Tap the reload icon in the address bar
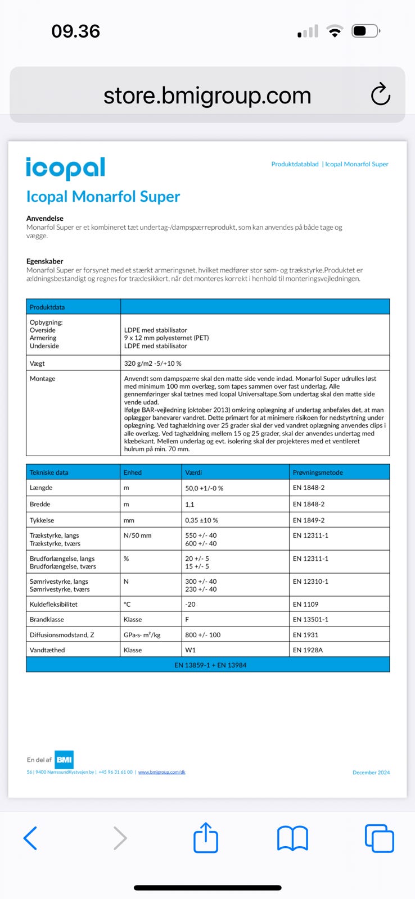[x=381, y=94]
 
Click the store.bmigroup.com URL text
[x=207, y=96]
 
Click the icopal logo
[x=65, y=167]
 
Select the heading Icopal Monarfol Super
[x=103, y=197]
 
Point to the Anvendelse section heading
[x=45, y=218]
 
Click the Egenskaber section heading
[x=44, y=261]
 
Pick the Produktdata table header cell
[x=47, y=307]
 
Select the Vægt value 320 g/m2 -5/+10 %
[x=152, y=364]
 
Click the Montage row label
[x=43, y=379]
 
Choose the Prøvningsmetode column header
[x=318, y=473]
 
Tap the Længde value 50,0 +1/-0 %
[x=204, y=488]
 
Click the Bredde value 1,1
[x=190, y=505]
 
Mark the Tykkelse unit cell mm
[x=129, y=520]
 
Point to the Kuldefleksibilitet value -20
[x=191, y=605]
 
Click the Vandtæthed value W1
[x=191, y=650]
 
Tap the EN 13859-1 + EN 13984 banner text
[x=210, y=665]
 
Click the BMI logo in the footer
[x=64, y=760]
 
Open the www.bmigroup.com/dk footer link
[x=162, y=772]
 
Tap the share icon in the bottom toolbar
[x=206, y=837]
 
